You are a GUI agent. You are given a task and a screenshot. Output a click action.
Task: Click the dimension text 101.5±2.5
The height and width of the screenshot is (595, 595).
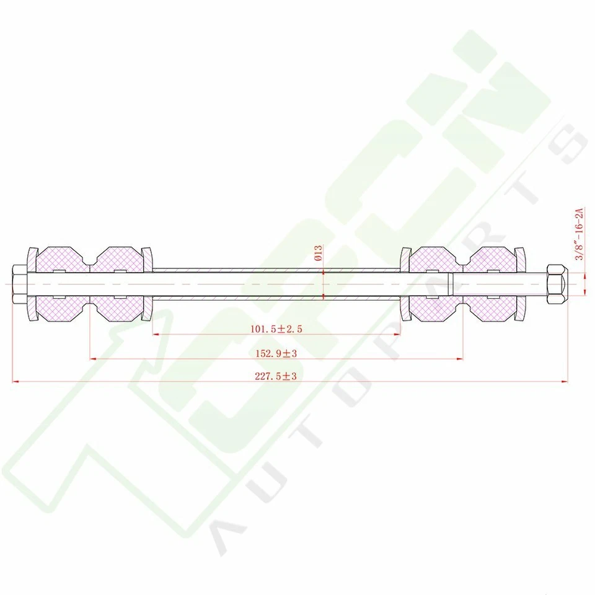(276, 329)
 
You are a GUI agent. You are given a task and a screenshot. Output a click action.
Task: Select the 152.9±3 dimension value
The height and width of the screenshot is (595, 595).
(276, 353)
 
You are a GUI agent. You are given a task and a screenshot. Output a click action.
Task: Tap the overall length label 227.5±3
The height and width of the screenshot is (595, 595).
(276, 376)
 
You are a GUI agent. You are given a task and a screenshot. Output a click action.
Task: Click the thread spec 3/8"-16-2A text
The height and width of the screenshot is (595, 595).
(580, 235)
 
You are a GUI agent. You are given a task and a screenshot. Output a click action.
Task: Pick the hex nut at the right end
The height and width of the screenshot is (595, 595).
(556, 284)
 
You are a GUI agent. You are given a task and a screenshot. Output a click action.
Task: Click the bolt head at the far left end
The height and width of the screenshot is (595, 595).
(18, 284)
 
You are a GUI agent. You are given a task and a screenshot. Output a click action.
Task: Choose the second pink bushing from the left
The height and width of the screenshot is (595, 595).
(117, 284)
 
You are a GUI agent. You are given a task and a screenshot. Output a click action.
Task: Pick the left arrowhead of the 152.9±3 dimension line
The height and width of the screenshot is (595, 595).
(93, 358)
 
